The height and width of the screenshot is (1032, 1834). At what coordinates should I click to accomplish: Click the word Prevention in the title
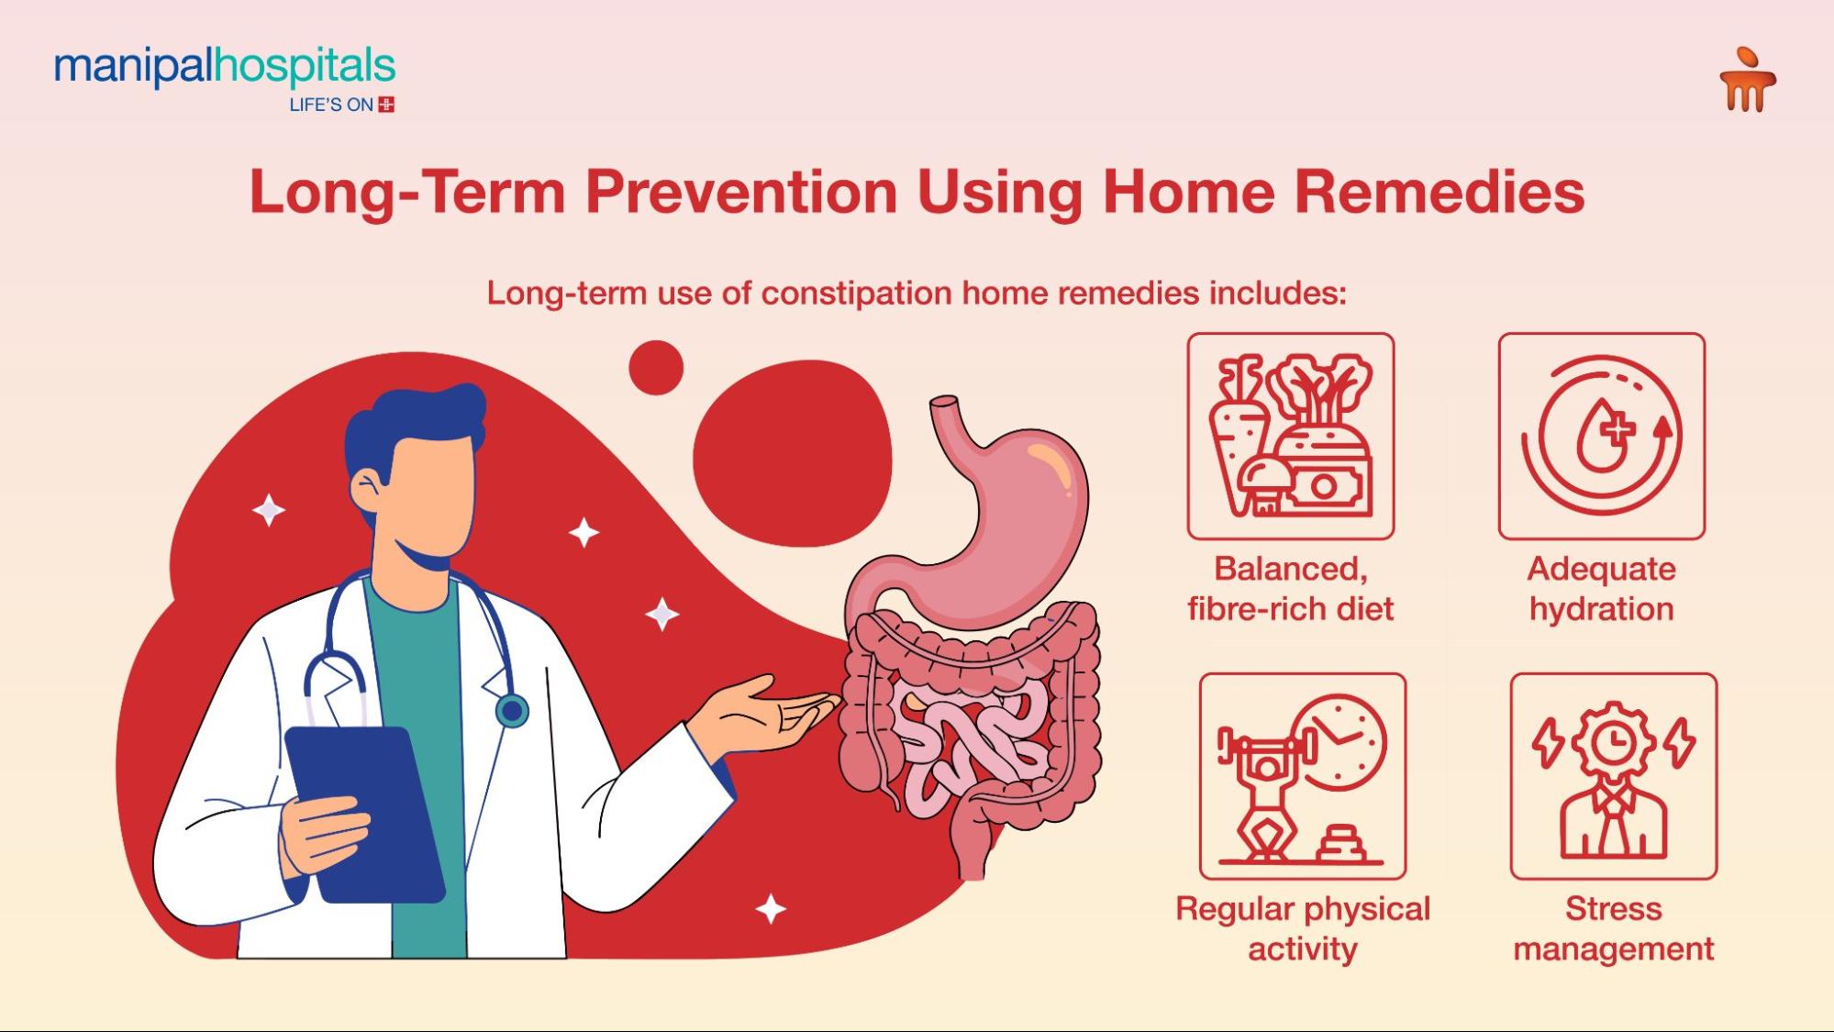741,192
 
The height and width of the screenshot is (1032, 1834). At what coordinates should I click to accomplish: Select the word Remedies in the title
1439,192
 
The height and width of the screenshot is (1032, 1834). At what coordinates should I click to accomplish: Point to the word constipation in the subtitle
856,294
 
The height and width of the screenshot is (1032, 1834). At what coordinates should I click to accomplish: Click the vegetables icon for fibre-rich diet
1290,436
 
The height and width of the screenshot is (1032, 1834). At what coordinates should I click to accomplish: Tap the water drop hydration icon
1601,436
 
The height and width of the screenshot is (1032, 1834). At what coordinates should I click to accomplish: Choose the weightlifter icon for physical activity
1302,776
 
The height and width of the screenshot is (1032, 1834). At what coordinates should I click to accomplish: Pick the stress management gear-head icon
1613,776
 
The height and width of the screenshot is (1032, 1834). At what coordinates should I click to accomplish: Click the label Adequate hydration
1601,588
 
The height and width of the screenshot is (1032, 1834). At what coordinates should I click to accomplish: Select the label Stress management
1613,928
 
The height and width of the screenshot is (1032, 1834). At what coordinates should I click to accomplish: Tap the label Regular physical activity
1302,928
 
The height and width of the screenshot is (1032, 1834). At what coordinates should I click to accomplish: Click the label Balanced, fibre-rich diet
1290,588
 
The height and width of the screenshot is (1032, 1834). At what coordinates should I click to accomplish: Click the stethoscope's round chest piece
512,711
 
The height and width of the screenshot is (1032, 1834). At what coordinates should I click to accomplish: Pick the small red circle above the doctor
656,368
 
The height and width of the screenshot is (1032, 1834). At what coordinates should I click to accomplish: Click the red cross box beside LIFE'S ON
386,105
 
